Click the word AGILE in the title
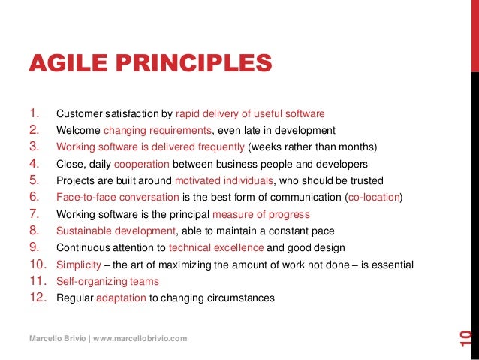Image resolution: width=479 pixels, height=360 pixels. (x=65, y=65)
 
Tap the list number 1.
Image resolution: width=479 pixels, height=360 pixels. (x=33, y=113)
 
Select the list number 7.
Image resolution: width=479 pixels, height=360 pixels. (x=34, y=213)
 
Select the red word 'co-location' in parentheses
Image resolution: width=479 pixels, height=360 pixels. (x=374, y=198)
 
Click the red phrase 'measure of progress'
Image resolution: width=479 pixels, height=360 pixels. (x=273, y=214)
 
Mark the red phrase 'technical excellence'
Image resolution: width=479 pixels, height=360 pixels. (x=216, y=247)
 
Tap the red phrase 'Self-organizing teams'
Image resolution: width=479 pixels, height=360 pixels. (x=107, y=281)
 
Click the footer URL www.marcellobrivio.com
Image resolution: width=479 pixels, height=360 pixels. (x=140, y=339)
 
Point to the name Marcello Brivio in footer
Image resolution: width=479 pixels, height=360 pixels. (x=57, y=339)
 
